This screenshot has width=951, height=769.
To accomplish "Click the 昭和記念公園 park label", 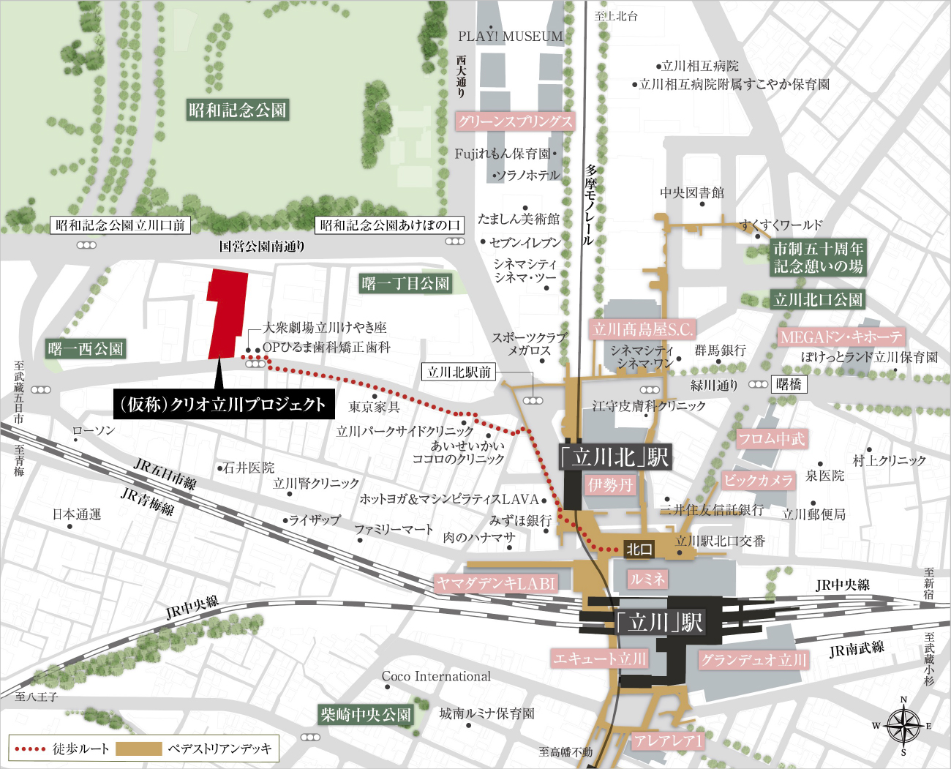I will pos(238,110).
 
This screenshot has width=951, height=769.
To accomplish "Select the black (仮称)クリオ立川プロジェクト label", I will pos(224,404).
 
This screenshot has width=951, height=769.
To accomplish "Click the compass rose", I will pos(904,727).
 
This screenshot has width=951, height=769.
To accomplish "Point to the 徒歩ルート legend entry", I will pos(63,749).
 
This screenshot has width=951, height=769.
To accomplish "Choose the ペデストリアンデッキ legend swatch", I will pos(138,749).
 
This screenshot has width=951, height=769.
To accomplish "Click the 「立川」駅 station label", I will pos(658,623).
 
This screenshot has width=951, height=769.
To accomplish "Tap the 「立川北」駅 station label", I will pos(614,457).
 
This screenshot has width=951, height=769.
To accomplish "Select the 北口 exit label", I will pos(639,549).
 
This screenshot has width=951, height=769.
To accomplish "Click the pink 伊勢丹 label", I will pos(610,484).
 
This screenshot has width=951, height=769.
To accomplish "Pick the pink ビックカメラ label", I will pos(758,480).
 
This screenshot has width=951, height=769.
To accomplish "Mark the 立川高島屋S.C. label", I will pos(642,329).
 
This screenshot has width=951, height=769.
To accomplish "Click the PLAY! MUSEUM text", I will pos(511,36).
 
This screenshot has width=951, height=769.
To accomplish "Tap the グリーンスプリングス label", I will pos(515,121).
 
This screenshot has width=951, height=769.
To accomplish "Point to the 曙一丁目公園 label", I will pos(405,283).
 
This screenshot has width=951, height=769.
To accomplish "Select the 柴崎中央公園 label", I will pos(366,715).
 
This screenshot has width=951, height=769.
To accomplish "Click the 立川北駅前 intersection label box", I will pos(459,372).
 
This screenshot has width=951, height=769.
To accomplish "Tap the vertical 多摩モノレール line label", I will pos(589,204).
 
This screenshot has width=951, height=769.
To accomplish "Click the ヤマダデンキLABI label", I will pos(496,583).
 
